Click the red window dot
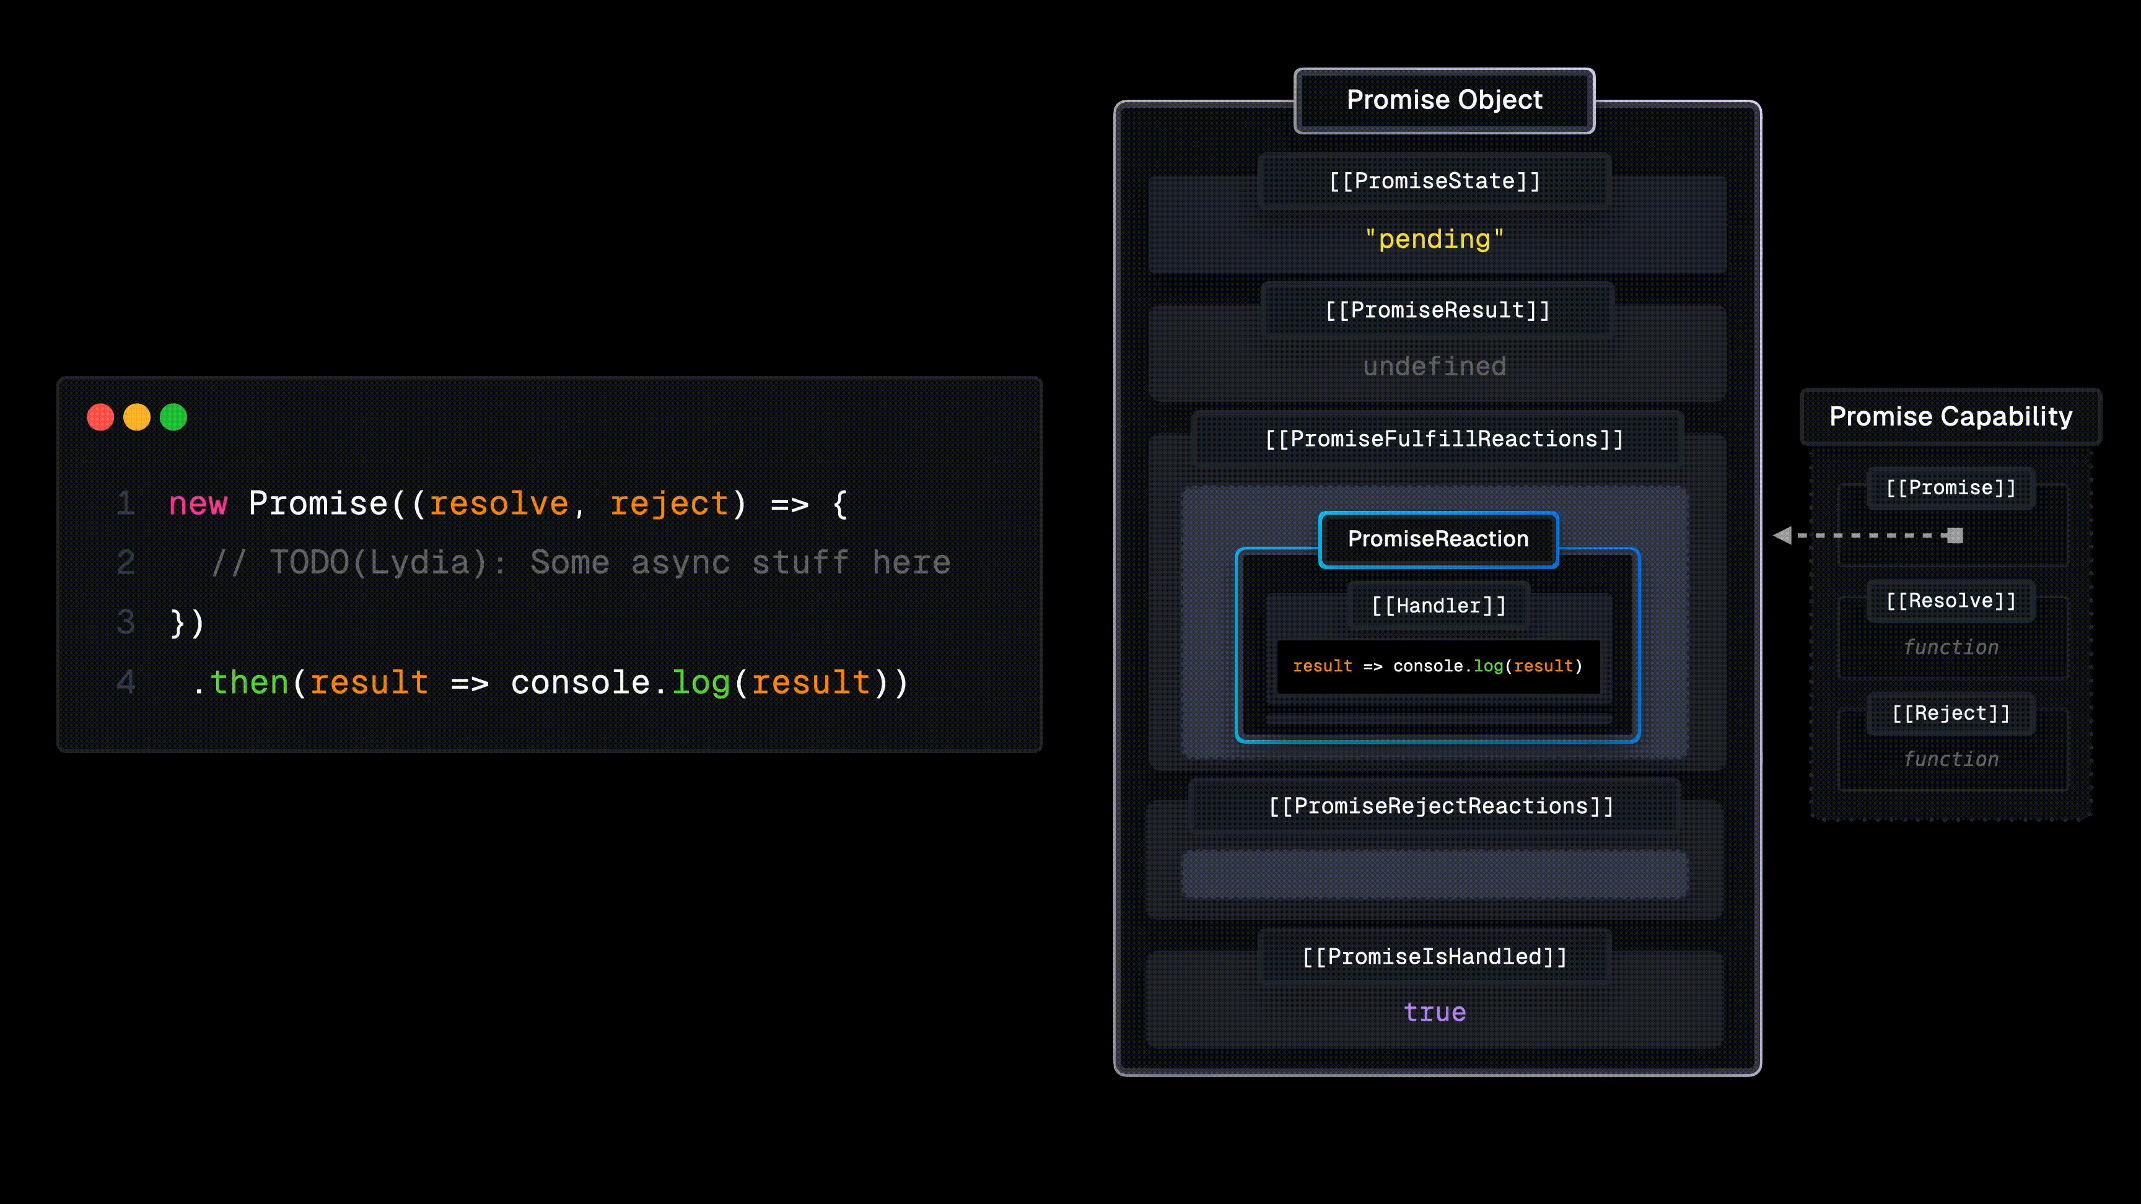point(100,417)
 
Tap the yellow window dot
point(137,417)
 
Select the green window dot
point(173,417)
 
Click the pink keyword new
point(198,504)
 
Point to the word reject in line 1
point(669,504)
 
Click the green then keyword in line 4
point(249,683)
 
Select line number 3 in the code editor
point(126,622)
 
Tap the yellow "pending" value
point(1435,239)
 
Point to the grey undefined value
point(1435,367)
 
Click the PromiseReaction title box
point(1438,539)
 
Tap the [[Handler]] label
point(1438,606)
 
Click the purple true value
point(1435,1013)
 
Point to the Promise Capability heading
point(1950,416)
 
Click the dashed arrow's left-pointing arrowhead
point(1782,536)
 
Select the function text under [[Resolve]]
point(1951,647)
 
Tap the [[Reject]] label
point(1951,713)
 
